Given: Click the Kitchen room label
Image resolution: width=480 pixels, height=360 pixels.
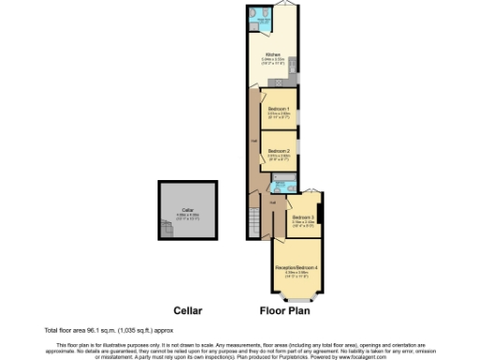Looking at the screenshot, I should [x=274, y=54].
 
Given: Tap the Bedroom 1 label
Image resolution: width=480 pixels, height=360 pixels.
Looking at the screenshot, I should [x=277, y=110].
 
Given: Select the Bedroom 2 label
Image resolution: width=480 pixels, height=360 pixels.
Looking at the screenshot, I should [x=277, y=151].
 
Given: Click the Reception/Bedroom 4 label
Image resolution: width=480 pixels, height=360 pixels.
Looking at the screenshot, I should [x=297, y=269].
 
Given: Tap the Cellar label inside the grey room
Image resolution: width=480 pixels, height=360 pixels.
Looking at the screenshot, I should [x=187, y=210].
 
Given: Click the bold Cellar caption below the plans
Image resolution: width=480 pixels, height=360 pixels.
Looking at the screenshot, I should [x=187, y=309].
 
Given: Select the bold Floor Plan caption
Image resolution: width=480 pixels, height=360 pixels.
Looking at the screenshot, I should [x=286, y=309].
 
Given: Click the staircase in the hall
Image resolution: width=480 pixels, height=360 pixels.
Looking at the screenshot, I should [x=253, y=221].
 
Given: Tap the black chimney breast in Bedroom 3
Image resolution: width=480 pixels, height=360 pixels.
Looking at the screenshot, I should [x=321, y=214].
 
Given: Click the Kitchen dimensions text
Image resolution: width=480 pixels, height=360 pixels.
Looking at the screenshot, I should [x=274, y=63].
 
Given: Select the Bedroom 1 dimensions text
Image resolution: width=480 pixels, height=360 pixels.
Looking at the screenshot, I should [x=277, y=117].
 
